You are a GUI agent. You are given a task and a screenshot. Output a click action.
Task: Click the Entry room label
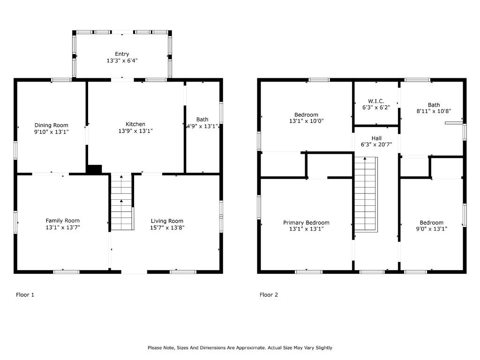(122, 54)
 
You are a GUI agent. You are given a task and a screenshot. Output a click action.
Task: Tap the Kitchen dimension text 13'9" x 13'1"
(135, 131)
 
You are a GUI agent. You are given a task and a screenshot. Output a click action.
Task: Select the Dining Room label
(51, 125)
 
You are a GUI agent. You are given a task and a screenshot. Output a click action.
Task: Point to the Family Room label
(62, 220)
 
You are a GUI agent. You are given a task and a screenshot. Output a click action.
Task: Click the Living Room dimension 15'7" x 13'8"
(167, 227)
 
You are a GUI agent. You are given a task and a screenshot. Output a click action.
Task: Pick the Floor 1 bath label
(202, 120)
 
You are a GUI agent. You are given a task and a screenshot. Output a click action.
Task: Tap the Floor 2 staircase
(366, 195)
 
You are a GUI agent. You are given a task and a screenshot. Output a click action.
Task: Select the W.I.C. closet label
(376, 101)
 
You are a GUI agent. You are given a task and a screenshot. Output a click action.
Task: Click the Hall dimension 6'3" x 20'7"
(376, 144)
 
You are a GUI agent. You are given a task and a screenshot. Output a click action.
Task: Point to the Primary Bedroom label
(306, 223)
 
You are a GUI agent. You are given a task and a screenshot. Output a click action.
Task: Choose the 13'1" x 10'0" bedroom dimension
(306, 121)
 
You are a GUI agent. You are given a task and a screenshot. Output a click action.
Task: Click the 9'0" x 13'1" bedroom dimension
(431, 229)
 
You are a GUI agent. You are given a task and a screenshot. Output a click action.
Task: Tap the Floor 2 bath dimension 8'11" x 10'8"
(434, 111)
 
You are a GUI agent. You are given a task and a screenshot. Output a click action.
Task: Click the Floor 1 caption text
(25, 295)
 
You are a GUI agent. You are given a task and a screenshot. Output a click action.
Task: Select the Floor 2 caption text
(269, 295)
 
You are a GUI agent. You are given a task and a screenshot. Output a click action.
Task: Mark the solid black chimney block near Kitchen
(94, 169)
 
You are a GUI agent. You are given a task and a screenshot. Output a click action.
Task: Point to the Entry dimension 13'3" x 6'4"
(122, 60)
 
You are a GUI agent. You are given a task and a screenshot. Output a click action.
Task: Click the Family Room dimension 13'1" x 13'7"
(62, 227)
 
